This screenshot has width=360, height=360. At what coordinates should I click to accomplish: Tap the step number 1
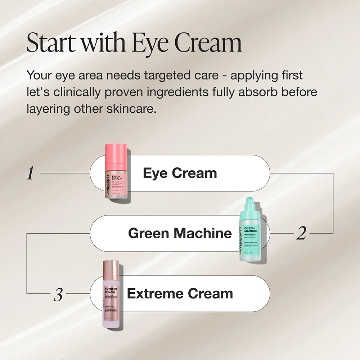tap(31, 174)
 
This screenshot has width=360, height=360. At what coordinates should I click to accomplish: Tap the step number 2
tap(301, 234)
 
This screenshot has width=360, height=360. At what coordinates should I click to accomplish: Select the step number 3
tap(58, 295)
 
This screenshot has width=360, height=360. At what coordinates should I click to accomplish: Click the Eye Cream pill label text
tap(180, 173)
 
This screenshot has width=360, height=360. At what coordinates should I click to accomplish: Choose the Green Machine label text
tap(180, 233)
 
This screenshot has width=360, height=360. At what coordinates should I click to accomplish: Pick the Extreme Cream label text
tap(180, 294)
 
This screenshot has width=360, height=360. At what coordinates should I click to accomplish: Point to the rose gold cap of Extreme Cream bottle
tap(112, 272)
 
